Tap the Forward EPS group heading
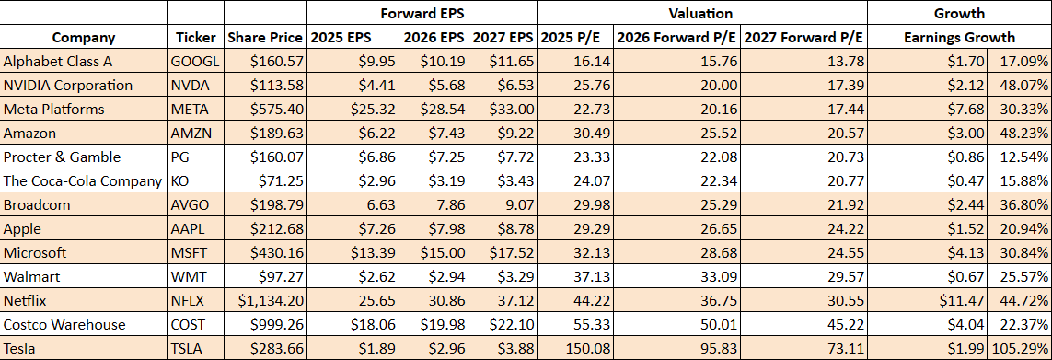tap(421, 13)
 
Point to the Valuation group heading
tap(701, 13)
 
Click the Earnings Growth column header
tap(959, 38)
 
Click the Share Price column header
tap(265, 38)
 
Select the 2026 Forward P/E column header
tap(675, 38)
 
